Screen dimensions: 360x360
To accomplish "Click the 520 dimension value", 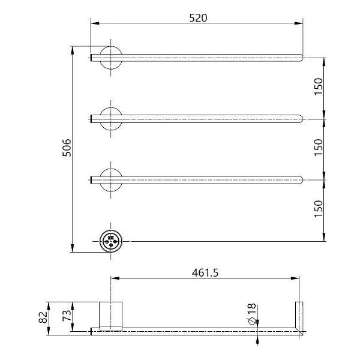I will click(198, 17).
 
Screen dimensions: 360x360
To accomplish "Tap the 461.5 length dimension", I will click(206, 272).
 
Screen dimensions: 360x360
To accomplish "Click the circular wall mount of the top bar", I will click(110, 58).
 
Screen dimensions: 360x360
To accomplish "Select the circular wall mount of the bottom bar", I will click(110, 179).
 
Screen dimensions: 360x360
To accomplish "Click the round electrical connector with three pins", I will click(110, 241).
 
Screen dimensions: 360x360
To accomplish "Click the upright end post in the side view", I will click(298, 316).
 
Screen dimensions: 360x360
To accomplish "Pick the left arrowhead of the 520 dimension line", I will click(94, 24).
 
